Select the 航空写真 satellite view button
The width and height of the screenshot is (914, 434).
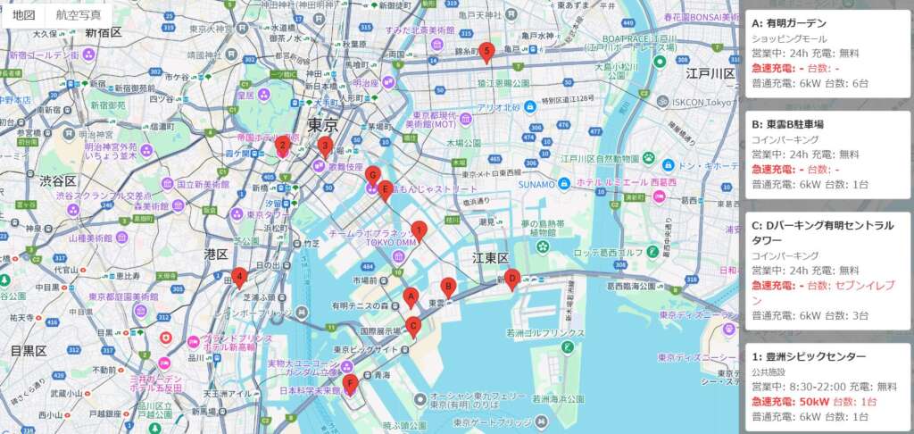click(x=79, y=15)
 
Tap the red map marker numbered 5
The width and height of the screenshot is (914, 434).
click(x=486, y=52)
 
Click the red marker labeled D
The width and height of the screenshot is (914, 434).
click(x=512, y=279)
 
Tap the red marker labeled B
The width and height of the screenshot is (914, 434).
click(x=449, y=287)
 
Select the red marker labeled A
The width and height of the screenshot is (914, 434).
click(x=411, y=296)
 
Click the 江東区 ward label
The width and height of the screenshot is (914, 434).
click(x=491, y=258)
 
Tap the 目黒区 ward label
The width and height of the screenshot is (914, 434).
click(x=28, y=351)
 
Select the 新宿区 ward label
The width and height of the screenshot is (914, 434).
click(x=104, y=33)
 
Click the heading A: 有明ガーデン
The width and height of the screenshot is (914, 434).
click(x=789, y=23)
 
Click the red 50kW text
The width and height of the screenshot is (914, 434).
click(x=815, y=401)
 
